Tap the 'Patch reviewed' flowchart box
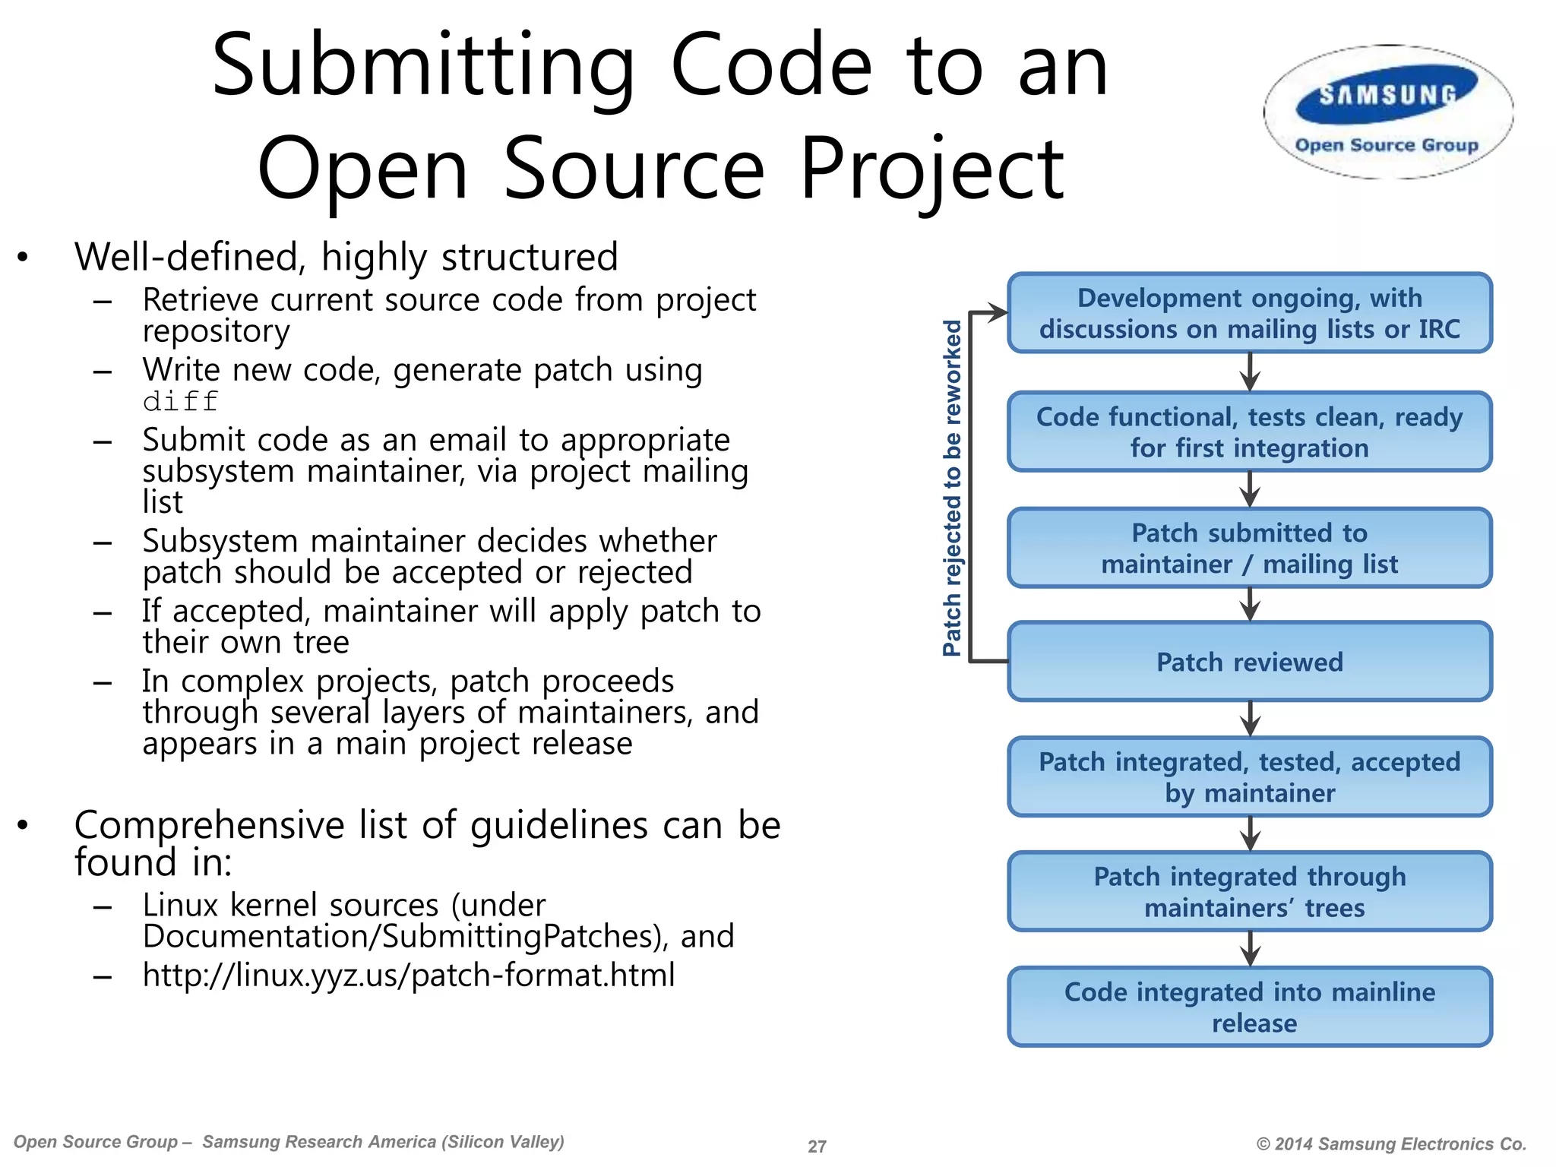pos(1249,662)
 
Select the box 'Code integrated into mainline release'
pos(1249,1007)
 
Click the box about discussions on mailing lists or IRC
pos(1249,313)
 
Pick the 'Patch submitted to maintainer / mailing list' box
pos(1249,548)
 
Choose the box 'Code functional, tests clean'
pos(1249,432)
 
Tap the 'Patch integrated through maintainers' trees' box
pos(1249,891)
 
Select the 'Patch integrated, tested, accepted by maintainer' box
pos(1249,776)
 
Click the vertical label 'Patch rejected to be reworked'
pos(952,487)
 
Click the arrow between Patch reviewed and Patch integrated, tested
pos(1250,719)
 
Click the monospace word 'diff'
pos(181,401)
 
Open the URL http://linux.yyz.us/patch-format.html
pos(409,975)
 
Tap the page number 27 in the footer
pos(817,1146)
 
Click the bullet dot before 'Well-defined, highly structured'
pos(23,258)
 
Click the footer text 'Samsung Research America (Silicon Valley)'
pos(383,1142)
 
